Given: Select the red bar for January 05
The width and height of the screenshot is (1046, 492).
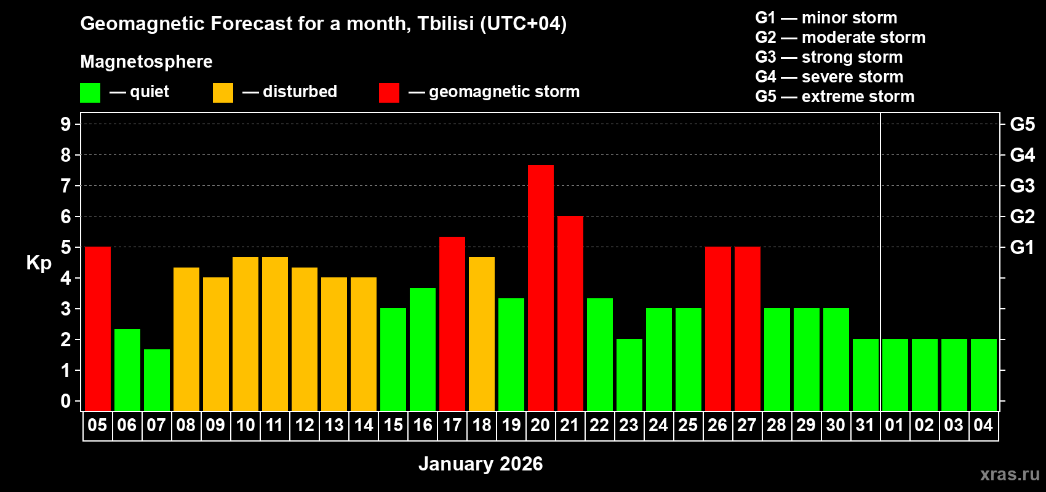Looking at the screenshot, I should pyautogui.click(x=98, y=328).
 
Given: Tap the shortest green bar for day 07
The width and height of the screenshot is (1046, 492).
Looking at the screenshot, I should pyautogui.click(x=157, y=380).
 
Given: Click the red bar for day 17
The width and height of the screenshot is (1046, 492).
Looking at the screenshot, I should pyautogui.click(x=452, y=323).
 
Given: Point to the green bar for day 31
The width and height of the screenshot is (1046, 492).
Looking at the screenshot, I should pyautogui.click(x=866, y=375).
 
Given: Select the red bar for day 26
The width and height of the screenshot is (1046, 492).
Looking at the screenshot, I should pyautogui.click(x=718, y=328).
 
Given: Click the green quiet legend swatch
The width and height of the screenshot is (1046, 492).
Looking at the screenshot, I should pyautogui.click(x=90, y=93).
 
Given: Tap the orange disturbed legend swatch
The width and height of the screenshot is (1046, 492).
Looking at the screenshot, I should pyautogui.click(x=223, y=93).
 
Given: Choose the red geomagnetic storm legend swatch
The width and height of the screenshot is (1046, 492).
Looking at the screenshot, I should pyautogui.click(x=389, y=93).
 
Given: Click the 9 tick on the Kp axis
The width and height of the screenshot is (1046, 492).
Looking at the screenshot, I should pyautogui.click(x=66, y=124).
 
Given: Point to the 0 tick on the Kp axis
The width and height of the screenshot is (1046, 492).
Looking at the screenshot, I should pyautogui.click(x=66, y=401).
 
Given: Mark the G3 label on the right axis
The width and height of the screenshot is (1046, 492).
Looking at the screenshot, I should pyautogui.click(x=1022, y=186).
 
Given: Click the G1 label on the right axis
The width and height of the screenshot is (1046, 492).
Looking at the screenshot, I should pyautogui.click(x=1022, y=247).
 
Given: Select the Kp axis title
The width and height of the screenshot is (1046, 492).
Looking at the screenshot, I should pyautogui.click(x=39, y=263).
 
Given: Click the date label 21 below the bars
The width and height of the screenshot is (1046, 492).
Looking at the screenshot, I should pyautogui.click(x=570, y=425).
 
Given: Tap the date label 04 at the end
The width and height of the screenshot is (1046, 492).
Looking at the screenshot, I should pyautogui.click(x=983, y=425).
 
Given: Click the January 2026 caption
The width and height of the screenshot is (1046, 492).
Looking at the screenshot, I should pyautogui.click(x=481, y=464).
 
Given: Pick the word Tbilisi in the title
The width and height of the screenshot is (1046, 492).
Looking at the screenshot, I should pyautogui.click(x=445, y=23).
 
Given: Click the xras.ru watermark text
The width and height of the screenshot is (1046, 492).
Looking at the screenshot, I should pyautogui.click(x=1010, y=474).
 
